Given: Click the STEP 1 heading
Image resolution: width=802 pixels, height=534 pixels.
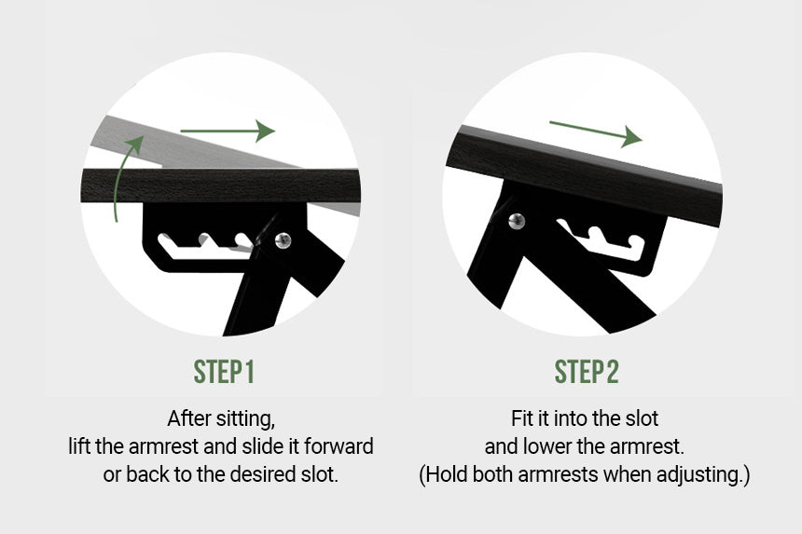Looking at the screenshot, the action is click(224, 372).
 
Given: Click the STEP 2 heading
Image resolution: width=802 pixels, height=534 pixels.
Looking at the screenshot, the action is click(587, 372).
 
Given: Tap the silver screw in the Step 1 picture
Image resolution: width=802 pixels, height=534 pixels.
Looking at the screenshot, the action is click(283, 240).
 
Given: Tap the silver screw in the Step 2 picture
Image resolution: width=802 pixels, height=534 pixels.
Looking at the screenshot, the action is click(517, 221).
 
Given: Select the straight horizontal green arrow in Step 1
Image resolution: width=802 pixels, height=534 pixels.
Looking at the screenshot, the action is click(228, 131).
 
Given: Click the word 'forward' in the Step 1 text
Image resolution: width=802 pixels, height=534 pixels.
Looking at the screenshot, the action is click(339, 446).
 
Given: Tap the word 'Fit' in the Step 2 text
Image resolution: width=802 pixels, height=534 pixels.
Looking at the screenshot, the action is click(521, 418).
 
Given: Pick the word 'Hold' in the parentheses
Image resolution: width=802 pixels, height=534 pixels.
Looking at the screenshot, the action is click(447, 474).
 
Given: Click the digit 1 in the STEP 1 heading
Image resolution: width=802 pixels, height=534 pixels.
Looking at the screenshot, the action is click(249, 372).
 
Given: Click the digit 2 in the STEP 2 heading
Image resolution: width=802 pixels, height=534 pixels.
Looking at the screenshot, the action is click(613, 372).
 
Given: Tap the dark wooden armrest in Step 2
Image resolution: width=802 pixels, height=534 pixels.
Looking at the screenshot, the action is click(583, 173).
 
